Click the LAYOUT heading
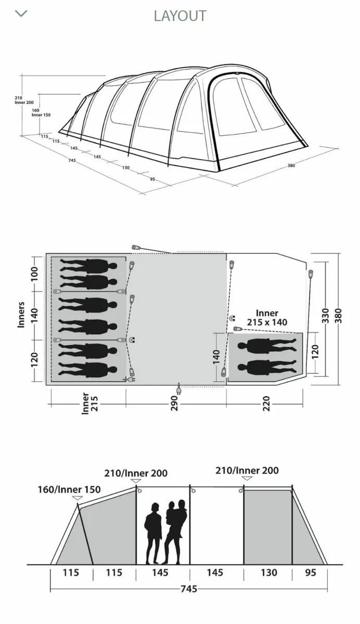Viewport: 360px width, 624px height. pyautogui.click(x=180, y=16)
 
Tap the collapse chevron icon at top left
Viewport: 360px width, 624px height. pyautogui.click(x=21, y=14)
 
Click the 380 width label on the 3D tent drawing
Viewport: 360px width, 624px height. pyautogui.click(x=291, y=165)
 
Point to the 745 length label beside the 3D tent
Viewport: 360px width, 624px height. pyautogui.click(x=72, y=160)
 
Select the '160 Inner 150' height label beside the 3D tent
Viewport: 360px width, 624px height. pyautogui.click(x=41, y=112)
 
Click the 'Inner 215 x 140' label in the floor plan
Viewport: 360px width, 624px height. pyautogui.click(x=267, y=318)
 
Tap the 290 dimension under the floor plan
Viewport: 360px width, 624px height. pyautogui.click(x=174, y=403)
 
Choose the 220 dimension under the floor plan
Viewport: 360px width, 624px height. pyautogui.click(x=266, y=403)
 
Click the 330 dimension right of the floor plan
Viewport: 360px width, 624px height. pyautogui.click(x=326, y=316)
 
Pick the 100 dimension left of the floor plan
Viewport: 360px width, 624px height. pyautogui.click(x=34, y=274)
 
